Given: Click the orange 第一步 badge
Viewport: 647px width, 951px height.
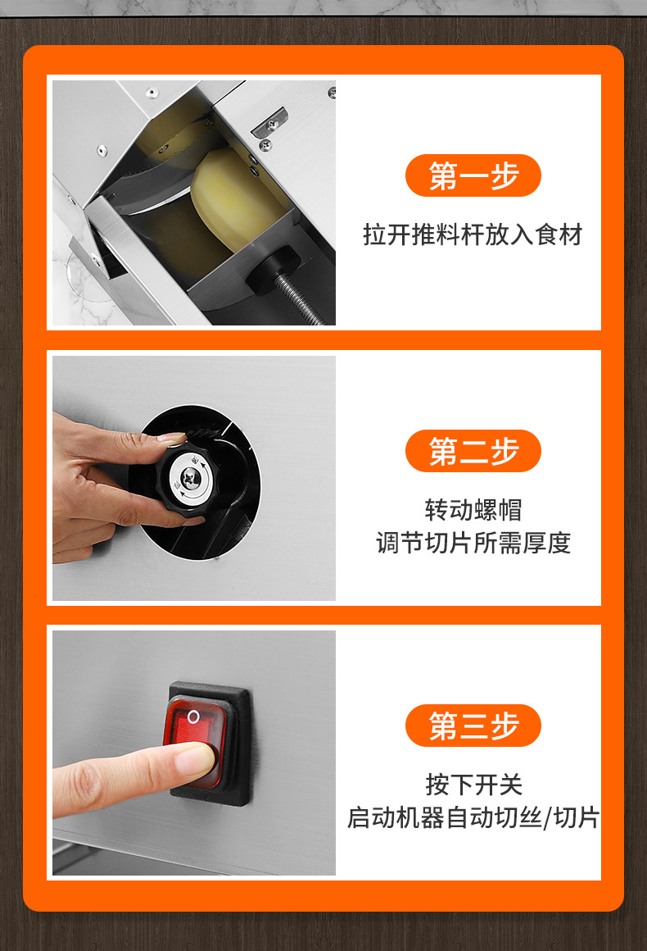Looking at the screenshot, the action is click(x=473, y=175).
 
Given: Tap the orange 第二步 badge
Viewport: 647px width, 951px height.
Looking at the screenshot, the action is click(x=473, y=451).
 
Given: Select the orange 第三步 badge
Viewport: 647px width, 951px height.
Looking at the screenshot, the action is click(x=473, y=726).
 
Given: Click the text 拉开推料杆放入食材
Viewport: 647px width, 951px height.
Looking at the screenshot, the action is click(x=473, y=234).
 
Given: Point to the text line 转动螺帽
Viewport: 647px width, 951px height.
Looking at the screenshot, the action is click(x=473, y=510).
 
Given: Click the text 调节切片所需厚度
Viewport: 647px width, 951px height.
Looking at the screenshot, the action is click(x=473, y=543).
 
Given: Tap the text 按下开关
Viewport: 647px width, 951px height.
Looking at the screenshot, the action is click(x=473, y=785).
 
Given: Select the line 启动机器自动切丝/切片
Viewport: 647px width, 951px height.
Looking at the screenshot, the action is click(x=473, y=817).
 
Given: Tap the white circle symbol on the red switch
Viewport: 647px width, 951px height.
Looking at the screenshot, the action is click(x=193, y=717).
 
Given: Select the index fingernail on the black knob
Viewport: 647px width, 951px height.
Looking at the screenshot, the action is click(x=172, y=437).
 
